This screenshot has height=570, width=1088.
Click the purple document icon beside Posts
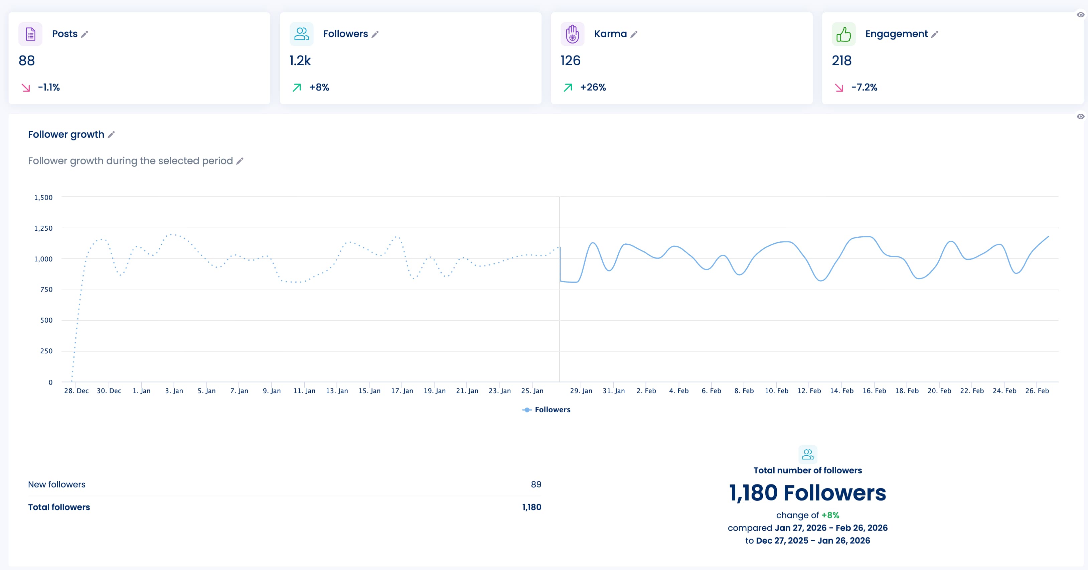pyautogui.click(x=30, y=34)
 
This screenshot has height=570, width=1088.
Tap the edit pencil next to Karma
pyautogui.click(x=634, y=34)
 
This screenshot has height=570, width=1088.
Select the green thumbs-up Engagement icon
pyautogui.click(x=843, y=34)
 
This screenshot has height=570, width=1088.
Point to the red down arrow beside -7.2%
pyautogui.click(x=839, y=88)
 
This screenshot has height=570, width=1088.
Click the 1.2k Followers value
pyautogui.click(x=300, y=61)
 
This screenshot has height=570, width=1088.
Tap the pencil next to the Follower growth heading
pyautogui.click(x=111, y=134)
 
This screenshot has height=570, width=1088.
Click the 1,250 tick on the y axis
pyautogui.click(x=43, y=228)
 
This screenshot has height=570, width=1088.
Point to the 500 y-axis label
pyautogui.click(x=46, y=320)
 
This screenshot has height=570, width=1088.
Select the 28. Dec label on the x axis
pyautogui.click(x=76, y=391)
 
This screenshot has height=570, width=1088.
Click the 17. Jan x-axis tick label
pyautogui.click(x=402, y=391)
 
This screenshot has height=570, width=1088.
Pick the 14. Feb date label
pyautogui.click(x=841, y=391)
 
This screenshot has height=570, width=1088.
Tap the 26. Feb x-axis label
pyautogui.click(x=1037, y=391)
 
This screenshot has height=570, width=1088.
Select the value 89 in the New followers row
pyautogui.click(x=535, y=484)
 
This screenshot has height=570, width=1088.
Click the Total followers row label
pyautogui.click(x=59, y=507)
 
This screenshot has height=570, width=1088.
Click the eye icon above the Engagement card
pyautogui.click(x=1080, y=15)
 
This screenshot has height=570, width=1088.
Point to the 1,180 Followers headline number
pyautogui.click(x=807, y=493)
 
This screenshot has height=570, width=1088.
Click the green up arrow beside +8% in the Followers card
pyautogui.click(x=297, y=88)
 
